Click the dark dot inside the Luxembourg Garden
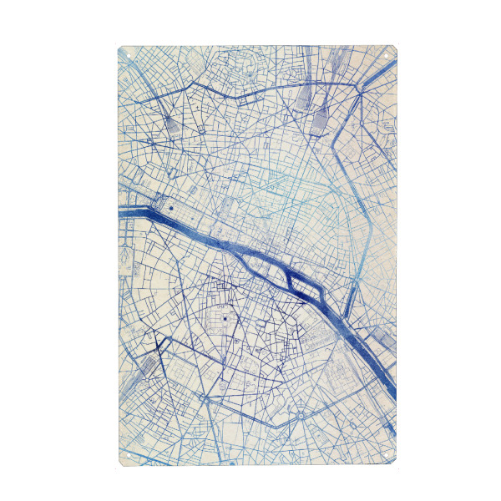click(x=225, y=319)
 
